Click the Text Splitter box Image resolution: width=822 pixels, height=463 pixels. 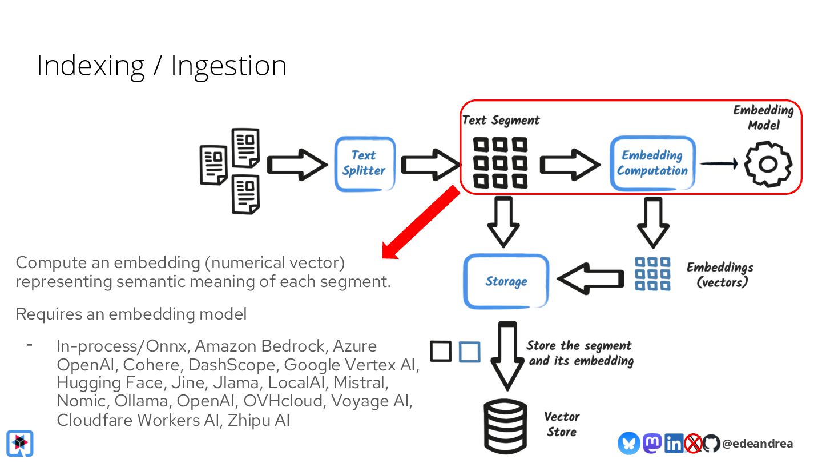click(x=364, y=163)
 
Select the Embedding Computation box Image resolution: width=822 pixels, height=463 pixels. click(x=652, y=163)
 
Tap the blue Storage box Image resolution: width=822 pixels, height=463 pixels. click(x=506, y=281)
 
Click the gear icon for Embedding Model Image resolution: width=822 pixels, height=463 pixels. click(x=768, y=164)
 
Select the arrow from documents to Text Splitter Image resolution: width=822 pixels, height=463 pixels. click(x=297, y=165)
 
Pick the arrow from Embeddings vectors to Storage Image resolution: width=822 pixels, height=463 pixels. click(x=590, y=278)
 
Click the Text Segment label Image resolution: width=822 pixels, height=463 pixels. click(x=501, y=121)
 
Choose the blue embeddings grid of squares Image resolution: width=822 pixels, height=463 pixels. click(x=652, y=273)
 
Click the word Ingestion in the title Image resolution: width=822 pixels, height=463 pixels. click(x=228, y=66)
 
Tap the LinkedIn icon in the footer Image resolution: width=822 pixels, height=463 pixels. click(x=674, y=443)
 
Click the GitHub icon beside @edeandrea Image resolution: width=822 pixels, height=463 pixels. click(x=711, y=443)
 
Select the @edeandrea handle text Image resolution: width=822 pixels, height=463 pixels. click(x=757, y=444)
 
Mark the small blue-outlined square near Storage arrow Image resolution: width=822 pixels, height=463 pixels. click(x=469, y=352)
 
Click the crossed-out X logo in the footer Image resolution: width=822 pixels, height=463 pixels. click(x=693, y=443)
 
